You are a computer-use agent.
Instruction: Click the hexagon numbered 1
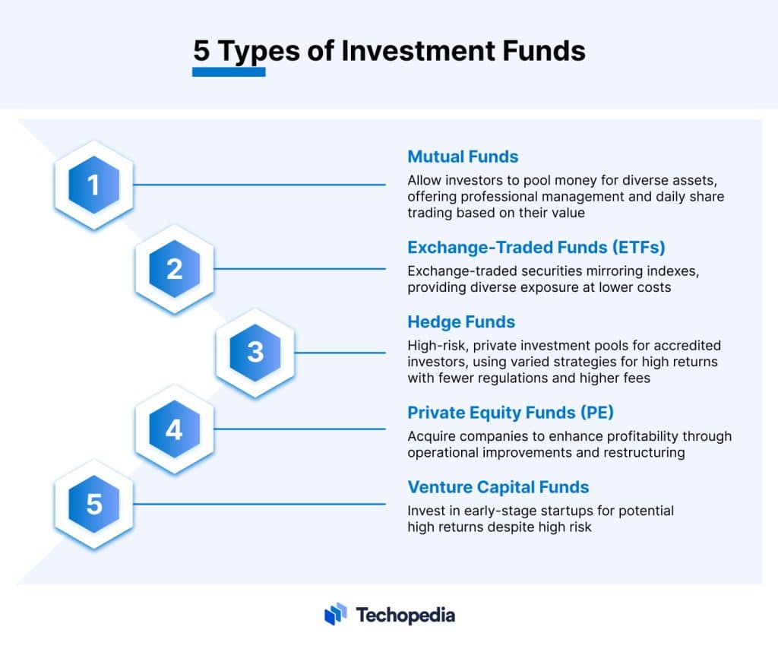click(94, 185)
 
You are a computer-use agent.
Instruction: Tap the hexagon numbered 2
click(175, 269)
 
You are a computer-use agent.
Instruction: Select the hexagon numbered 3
click(255, 353)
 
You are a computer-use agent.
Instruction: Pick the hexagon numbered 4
click(175, 429)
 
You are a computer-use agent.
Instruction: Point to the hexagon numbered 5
click(94, 504)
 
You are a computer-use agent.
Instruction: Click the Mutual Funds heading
click(463, 157)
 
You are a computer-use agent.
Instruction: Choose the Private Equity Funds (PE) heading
click(511, 413)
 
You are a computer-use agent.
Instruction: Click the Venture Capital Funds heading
click(498, 487)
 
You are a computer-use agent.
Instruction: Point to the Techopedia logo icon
click(335, 614)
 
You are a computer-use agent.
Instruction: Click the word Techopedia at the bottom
click(406, 615)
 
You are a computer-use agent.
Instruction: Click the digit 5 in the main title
click(201, 51)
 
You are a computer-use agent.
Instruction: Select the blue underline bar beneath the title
click(229, 72)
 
